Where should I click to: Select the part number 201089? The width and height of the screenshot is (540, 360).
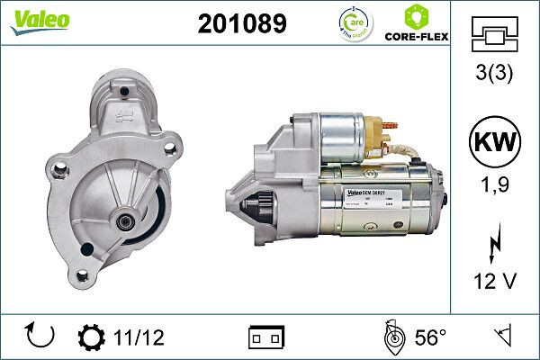(x=241, y=23)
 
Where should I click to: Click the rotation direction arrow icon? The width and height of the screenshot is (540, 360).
(x=41, y=337)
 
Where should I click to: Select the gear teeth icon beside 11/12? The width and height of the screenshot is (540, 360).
(x=92, y=337)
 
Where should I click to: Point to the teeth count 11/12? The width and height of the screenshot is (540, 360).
(x=139, y=337)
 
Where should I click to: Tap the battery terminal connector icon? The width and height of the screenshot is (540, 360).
(x=265, y=337)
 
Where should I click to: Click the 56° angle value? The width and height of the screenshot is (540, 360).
(x=430, y=337)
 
